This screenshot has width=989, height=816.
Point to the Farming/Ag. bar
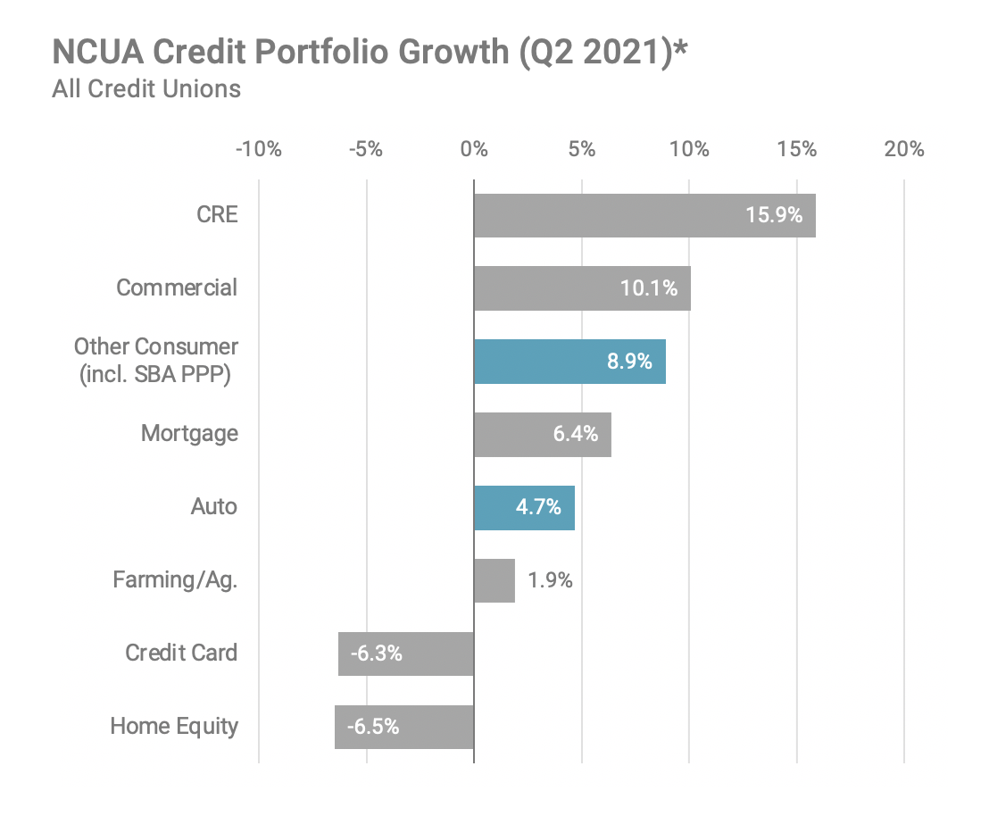[x=494, y=580]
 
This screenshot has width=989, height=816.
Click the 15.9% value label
[x=774, y=215]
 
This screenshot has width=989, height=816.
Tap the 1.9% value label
[x=550, y=580]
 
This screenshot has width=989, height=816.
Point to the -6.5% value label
[x=373, y=727]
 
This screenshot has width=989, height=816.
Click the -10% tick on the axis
[x=258, y=149]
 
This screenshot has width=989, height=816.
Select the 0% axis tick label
[x=474, y=149]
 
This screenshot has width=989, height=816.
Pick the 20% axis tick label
[x=904, y=149]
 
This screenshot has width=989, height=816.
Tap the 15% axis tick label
[x=796, y=149]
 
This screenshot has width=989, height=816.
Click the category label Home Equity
[x=174, y=726]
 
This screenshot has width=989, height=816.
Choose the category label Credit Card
[x=181, y=653]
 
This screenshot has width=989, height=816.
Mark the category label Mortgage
[x=189, y=434]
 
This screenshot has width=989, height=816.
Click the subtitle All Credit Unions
[x=146, y=89]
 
